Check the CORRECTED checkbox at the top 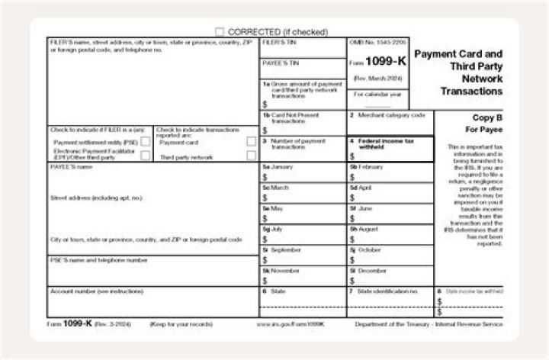220,32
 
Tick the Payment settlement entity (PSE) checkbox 145,142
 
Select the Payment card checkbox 251,142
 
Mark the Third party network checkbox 251,156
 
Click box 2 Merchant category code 390,123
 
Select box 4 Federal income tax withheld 390,149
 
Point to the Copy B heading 486,119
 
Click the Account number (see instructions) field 152,301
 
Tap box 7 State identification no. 390,301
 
